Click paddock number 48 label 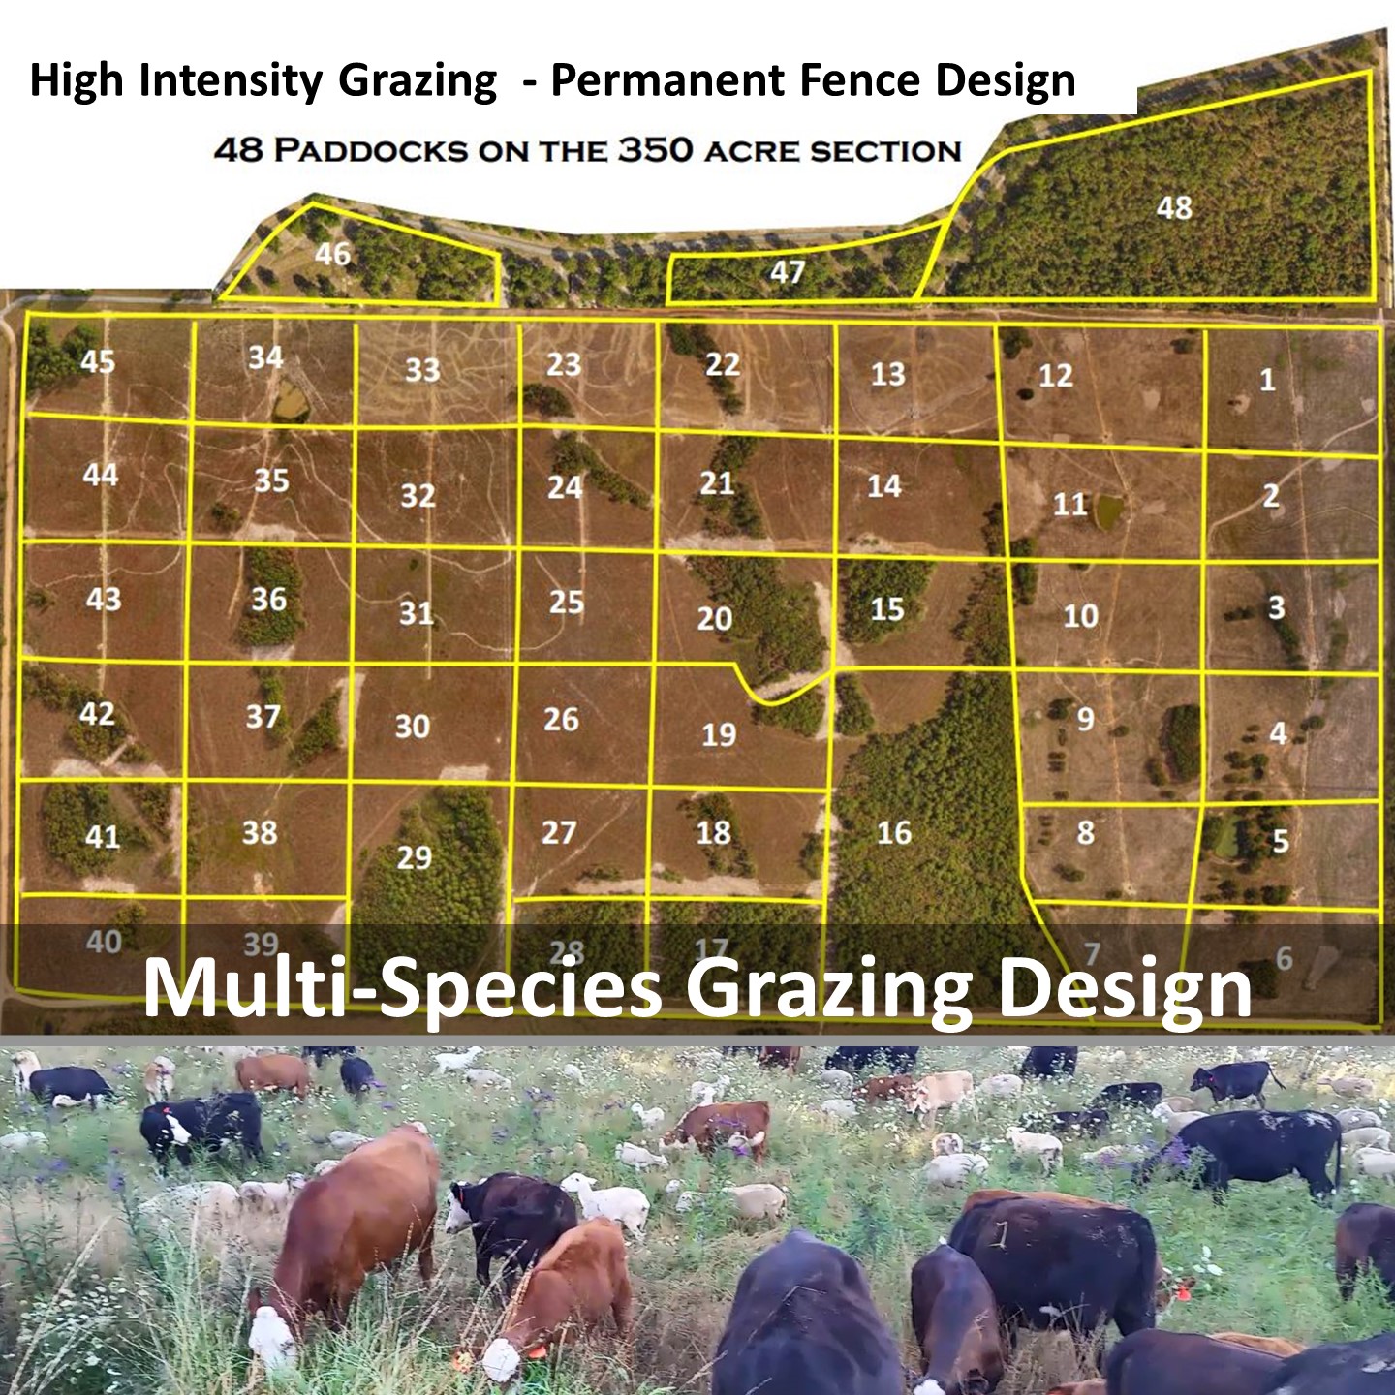pyautogui.click(x=1174, y=207)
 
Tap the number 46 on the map pyautogui.click(x=332, y=254)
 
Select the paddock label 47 pyautogui.click(x=787, y=271)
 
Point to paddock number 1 pyautogui.click(x=1267, y=380)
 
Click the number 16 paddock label pyautogui.click(x=893, y=832)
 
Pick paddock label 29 pyautogui.click(x=414, y=857)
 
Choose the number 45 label pyautogui.click(x=97, y=361)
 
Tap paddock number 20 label pyautogui.click(x=714, y=618)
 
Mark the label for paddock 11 pyautogui.click(x=1069, y=504)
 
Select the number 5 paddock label pyautogui.click(x=1280, y=841)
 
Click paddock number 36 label pyautogui.click(x=268, y=600)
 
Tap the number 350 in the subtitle pyautogui.click(x=655, y=150)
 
